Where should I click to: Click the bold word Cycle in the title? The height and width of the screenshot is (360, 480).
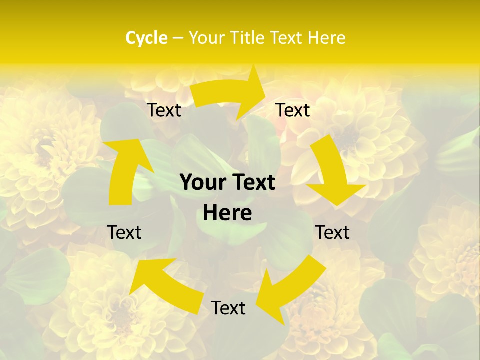tap(146, 38)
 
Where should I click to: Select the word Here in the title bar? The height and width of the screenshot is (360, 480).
tap(326, 38)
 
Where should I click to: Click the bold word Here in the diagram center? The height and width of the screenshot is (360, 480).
tap(227, 213)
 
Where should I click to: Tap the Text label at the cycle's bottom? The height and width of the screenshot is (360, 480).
tap(228, 308)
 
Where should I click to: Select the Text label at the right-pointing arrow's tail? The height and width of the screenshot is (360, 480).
tap(164, 110)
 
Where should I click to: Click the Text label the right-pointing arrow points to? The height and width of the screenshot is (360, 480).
tap(293, 110)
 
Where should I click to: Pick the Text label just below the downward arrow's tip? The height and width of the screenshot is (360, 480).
tap(332, 232)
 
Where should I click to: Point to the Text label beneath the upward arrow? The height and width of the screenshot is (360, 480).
tap(125, 232)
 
